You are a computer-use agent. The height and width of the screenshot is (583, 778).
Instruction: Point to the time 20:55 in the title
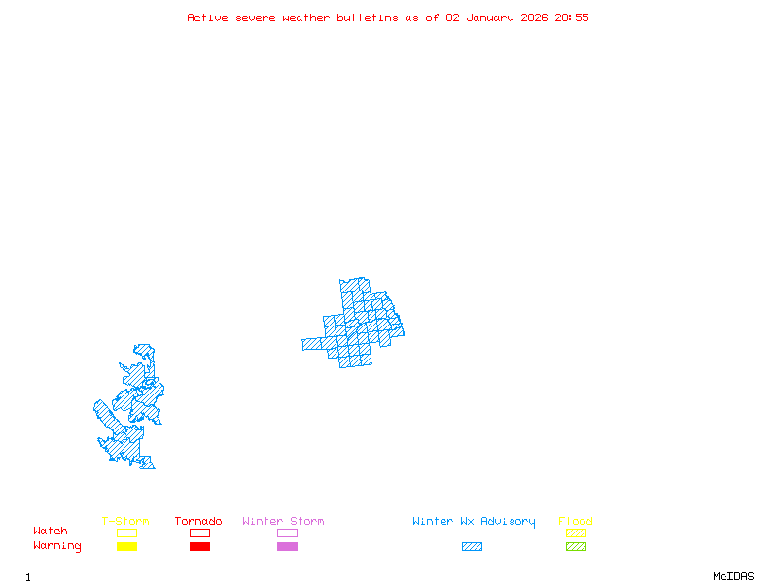point(572,17)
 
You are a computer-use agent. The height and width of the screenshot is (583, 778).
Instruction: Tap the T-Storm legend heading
point(125,522)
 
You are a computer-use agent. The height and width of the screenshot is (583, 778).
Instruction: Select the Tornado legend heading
point(198,522)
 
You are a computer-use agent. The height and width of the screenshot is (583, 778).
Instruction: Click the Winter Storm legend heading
point(283,522)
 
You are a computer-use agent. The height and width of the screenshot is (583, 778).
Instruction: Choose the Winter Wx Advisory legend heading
point(474,522)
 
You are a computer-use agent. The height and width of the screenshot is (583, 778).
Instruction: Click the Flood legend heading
point(576,522)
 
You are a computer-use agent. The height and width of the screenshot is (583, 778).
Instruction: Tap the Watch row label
point(51,532)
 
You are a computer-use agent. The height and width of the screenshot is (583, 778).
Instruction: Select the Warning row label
point(57,546)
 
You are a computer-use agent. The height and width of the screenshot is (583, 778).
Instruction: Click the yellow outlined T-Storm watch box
point(126,532)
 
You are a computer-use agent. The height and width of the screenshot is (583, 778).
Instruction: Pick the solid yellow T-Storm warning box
point(126,547)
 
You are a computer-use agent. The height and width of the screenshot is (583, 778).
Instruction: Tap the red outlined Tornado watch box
point(199,532)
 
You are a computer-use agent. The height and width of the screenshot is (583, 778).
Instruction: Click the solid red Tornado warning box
point(199,547)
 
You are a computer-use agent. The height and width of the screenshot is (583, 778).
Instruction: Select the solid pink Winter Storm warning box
point(287,547)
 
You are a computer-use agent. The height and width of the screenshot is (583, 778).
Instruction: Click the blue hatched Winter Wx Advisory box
point(472,547)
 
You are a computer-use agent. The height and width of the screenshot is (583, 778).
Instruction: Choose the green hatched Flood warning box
point(576,547)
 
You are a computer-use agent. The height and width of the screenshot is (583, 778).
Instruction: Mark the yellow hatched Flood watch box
point(576,532)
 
